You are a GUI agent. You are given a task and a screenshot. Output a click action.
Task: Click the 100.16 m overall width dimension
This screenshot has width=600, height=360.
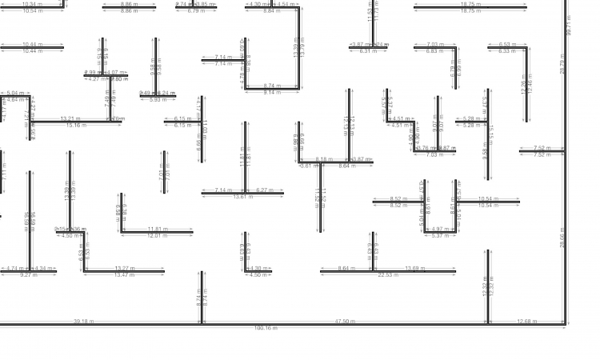coord(266,328)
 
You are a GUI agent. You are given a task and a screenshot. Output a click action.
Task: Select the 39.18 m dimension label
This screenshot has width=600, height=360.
coord(84,322)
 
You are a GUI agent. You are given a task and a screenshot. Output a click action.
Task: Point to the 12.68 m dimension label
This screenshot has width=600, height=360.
coord(527,322)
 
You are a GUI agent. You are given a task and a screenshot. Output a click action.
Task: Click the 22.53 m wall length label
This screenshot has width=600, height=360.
coord(388,275)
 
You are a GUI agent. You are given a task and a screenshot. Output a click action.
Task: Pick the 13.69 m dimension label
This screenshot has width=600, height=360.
coord(416,268)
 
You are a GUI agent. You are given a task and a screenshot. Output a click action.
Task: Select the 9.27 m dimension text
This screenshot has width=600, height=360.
coord(28,275)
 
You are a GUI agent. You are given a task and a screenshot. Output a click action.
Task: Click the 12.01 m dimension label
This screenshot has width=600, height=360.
coord(157,236)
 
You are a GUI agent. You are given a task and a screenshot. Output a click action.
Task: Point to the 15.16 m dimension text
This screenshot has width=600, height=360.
coord(77,126)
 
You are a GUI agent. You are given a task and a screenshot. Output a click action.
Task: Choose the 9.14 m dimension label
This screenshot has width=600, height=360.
coord(272,93)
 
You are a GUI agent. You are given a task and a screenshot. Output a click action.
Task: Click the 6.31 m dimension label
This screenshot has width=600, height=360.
coord(369,51)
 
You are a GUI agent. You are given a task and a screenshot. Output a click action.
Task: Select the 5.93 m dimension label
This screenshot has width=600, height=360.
coord(158,100)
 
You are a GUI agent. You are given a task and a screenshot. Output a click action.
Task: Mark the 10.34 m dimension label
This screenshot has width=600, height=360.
coord(33,4)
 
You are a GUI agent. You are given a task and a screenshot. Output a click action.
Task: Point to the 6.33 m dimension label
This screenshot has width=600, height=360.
coord(506,51)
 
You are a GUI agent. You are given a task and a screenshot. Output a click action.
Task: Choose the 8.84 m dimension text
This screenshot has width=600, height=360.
coord(272,11)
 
